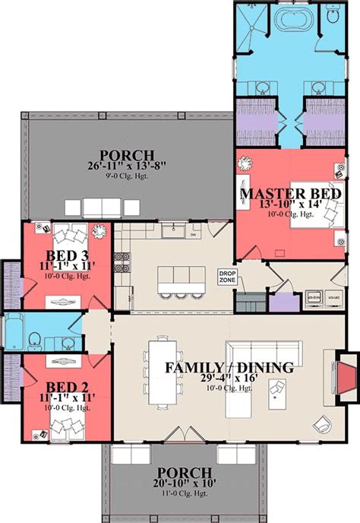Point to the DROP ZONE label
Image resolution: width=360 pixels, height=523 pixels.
tap(228, 277)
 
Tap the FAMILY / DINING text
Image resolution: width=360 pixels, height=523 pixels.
tap(229, 369)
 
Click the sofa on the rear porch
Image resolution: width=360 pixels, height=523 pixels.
tap(103, 207)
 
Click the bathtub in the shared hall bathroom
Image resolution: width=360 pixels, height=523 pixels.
tap(14, 331)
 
